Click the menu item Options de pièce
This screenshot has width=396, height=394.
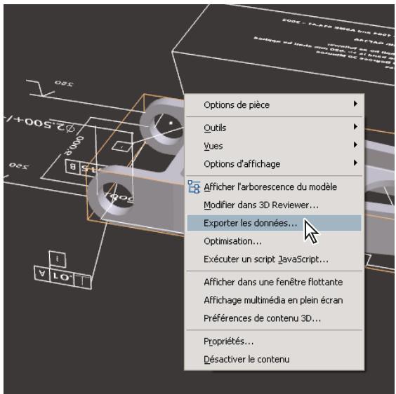237,105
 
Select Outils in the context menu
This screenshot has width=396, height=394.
215,128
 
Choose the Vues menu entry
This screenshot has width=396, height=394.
213,146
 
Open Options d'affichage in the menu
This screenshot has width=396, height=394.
242,163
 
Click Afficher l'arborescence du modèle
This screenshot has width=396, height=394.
270,187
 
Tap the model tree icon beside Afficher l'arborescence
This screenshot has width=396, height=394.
194,187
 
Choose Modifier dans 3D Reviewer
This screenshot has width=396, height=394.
260,205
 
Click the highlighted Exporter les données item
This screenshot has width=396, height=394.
250,223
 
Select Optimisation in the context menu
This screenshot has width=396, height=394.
232,241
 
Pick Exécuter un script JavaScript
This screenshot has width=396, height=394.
265,259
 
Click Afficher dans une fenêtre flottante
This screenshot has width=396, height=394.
272,282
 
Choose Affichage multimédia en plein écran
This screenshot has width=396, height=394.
272,300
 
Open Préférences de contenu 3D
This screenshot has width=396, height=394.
263,318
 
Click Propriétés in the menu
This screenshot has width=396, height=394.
228,341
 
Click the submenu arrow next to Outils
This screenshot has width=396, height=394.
356,128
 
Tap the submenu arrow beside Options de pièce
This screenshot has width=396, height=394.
356,104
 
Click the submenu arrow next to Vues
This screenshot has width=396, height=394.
356,145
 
